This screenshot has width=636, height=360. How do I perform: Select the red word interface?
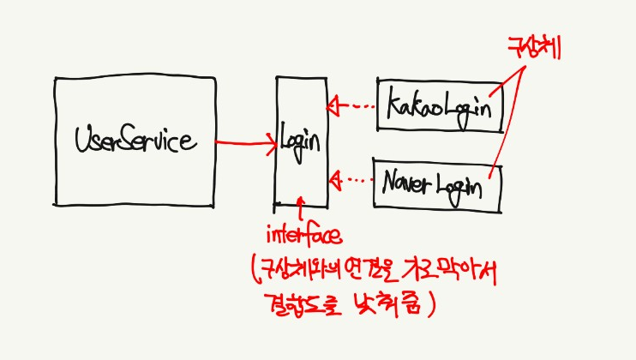click(305, 234)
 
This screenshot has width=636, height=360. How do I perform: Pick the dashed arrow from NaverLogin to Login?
click(351, 180)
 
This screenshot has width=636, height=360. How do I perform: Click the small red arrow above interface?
click(300, 207)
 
